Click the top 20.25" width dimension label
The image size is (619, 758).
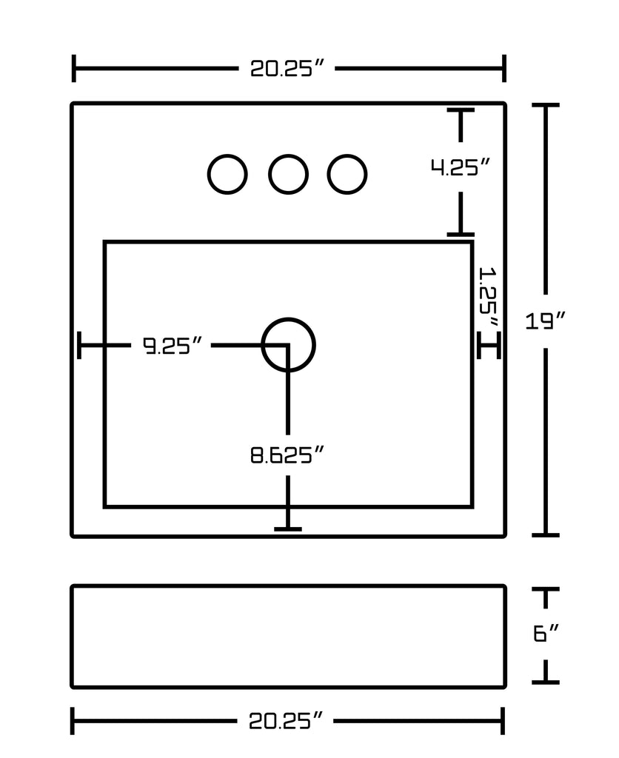pos(288,69)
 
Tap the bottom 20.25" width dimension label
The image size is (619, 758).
pos(287,721)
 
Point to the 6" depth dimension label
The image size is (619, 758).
pos(545,634)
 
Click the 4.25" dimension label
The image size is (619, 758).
pos(461,167)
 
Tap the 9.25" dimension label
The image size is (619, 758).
pos(173,345)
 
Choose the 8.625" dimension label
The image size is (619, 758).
pos(287,455)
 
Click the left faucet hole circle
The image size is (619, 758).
pos(227,175)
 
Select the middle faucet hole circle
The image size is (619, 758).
pos(287,175)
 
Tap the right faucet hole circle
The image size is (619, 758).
pos(347,175)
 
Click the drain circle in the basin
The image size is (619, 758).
pos(288,344)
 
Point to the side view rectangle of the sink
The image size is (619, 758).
pos(288,637)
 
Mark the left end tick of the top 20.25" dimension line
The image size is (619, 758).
pos(74,69)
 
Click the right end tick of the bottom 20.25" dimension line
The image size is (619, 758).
pos(503,721)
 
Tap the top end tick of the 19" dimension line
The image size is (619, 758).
pos(546,106)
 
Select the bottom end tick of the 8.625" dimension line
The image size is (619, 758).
pos(287,529)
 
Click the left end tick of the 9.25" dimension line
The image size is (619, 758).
pos(79,345)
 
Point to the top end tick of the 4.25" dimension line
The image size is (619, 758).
pos(461,110)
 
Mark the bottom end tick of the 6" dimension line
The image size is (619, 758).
pos(546,682)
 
